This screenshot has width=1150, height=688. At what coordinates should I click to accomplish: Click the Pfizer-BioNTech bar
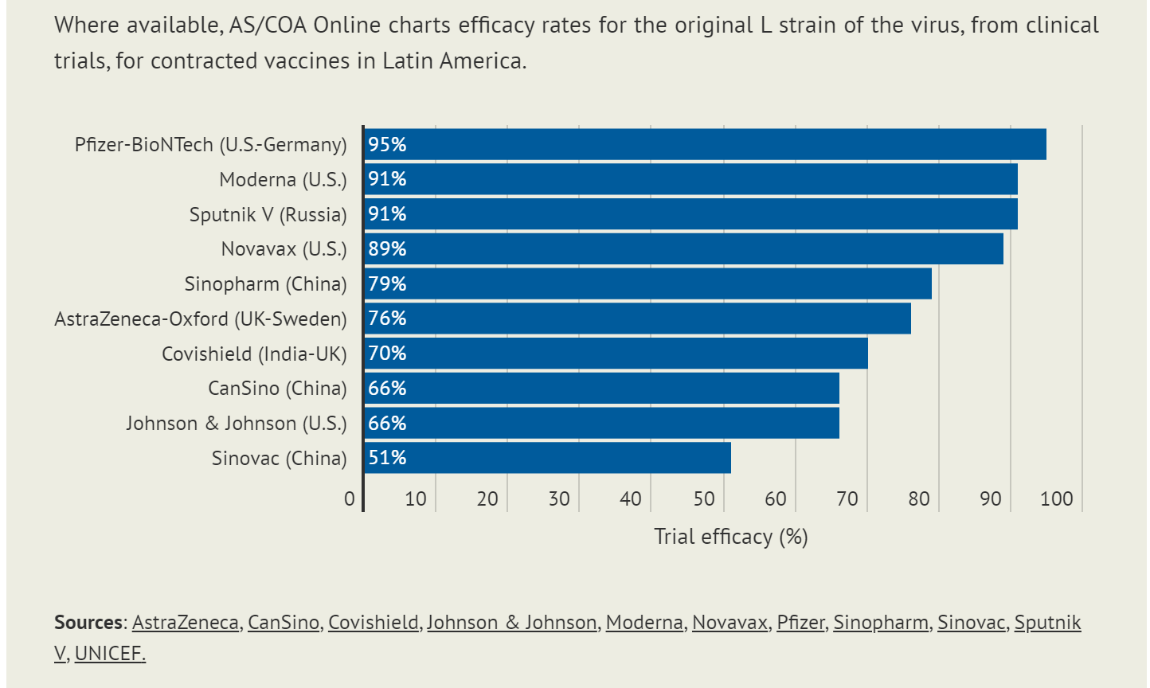tap(705, 144)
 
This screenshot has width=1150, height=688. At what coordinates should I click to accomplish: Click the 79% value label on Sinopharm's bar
tap(387, 283)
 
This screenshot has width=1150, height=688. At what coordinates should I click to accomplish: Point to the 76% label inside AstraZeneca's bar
tap(387, 319)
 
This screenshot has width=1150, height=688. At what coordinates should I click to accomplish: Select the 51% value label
tap(387, 458)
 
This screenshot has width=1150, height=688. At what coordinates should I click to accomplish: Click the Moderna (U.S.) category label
tap(283, 179)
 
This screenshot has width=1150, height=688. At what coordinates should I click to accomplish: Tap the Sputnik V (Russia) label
tap(268, 214)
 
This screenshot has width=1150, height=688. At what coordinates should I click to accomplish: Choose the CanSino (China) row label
tap(277, 388)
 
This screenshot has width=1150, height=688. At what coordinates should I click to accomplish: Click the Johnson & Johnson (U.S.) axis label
tap(236, 423)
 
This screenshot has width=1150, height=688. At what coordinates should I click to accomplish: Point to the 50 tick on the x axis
tap(703, 499)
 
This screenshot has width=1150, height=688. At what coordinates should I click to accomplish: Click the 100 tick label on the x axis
tap(1057, 499)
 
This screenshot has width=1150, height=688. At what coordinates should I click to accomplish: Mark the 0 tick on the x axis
tap(350, 499)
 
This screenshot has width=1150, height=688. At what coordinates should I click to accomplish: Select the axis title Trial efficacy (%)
tap(730, 537)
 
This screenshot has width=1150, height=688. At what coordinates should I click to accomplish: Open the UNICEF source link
tap(110, 654)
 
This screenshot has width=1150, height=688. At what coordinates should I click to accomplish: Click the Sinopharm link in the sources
tap(880, 622)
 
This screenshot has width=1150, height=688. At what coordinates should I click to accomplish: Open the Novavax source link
tap(730, 622)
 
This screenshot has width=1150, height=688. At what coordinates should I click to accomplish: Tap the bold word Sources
tap(88, 622)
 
